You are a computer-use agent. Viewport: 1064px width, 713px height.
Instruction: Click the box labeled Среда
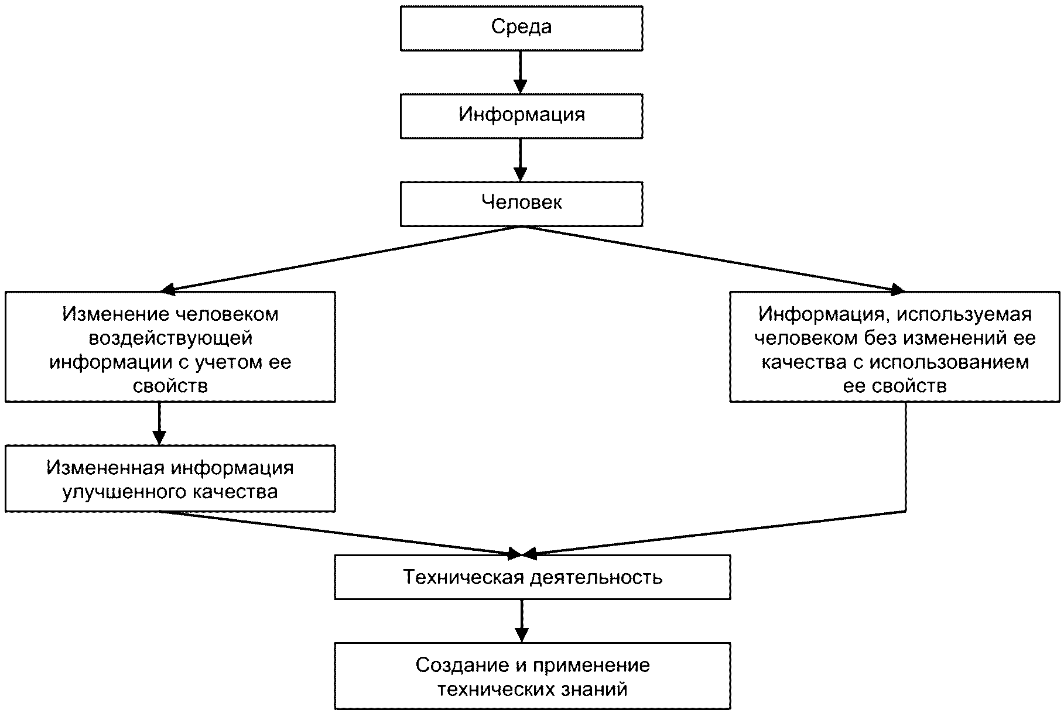tap(521, 28)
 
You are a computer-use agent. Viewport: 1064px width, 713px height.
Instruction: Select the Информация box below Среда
tap(521, 116)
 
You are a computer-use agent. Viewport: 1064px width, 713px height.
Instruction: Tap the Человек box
tap(521, 204)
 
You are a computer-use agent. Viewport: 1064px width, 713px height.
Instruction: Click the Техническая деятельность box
tap(532, 577)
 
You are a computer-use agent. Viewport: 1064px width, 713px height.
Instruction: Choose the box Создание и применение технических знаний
tap(532, 676)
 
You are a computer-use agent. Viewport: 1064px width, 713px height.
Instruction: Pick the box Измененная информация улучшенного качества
tap(170, 478)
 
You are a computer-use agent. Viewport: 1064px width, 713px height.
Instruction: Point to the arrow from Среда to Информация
tap(521, 72)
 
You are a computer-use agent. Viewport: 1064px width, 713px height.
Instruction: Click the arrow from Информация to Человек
tap(521, 160)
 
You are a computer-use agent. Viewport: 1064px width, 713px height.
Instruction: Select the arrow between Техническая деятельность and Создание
tap(521, 621)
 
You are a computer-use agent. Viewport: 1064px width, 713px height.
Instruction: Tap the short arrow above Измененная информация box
tap(159, 423)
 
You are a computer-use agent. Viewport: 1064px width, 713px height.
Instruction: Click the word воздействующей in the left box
tap(170, 338)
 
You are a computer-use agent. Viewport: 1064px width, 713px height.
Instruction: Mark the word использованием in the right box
tap(949, 362)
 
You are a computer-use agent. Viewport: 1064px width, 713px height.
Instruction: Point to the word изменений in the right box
tap(956, 338)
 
